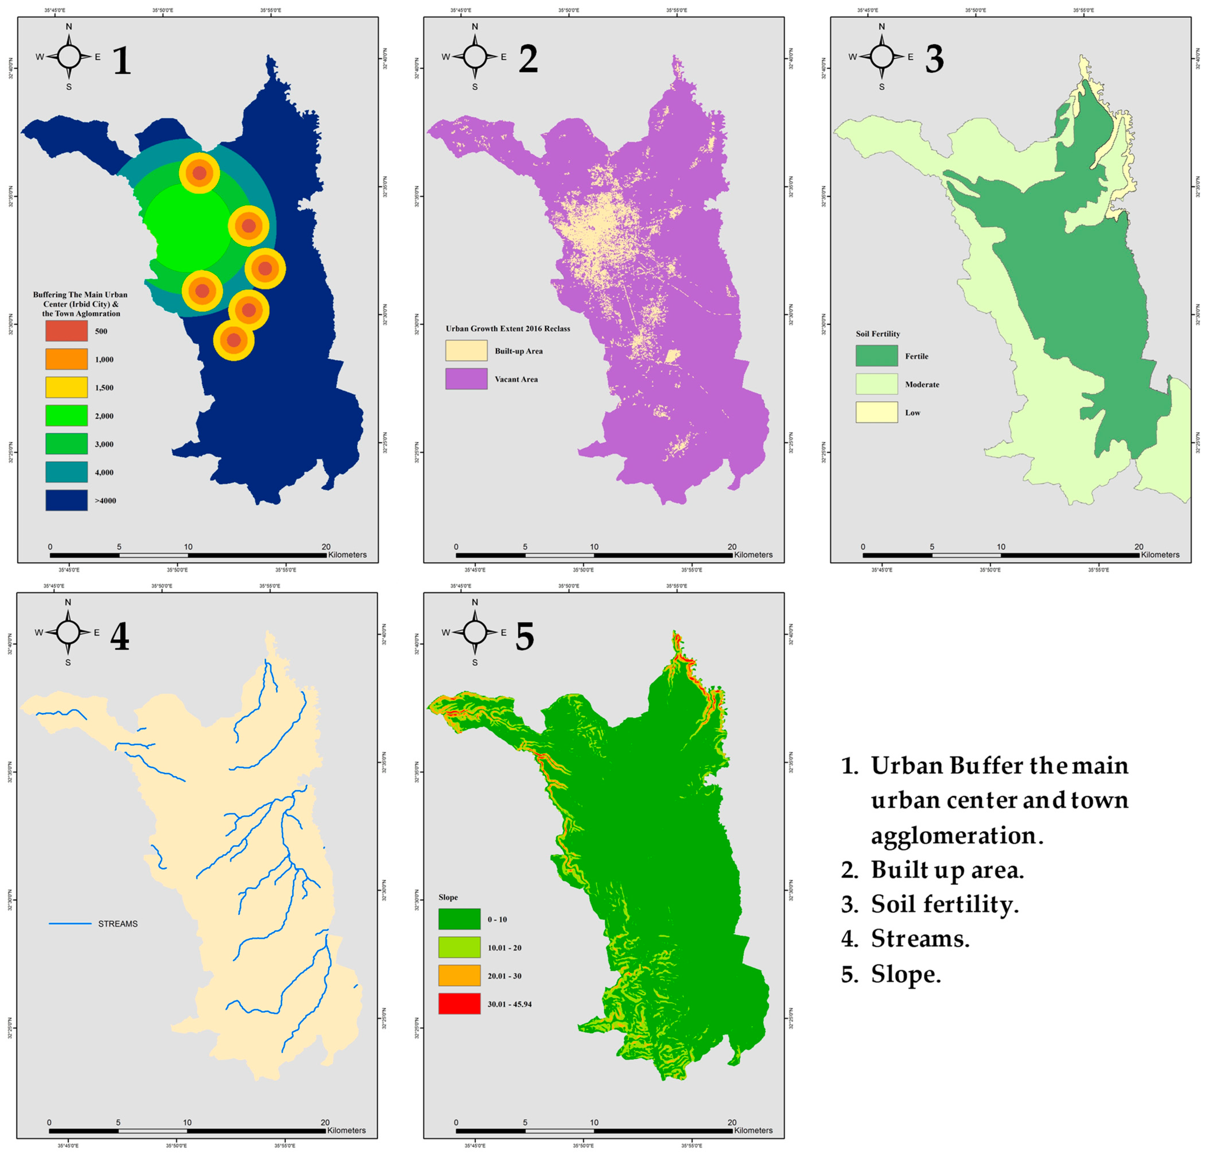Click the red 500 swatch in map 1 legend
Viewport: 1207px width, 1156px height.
click(66, 331)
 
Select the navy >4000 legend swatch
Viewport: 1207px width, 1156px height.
click(66, 500)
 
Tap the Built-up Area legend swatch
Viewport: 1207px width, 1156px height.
click(466, 350)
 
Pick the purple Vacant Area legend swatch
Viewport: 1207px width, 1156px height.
click(466, 379)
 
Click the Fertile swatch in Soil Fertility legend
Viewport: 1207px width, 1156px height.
click(876, 356)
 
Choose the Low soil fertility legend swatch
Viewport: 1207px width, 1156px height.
click(876, 412)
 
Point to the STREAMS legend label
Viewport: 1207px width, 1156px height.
click(118, 924)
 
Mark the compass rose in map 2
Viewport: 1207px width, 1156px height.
click(475, 57)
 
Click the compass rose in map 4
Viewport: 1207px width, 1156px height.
click(68, 632)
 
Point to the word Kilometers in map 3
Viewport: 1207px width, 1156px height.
click(1160, 555)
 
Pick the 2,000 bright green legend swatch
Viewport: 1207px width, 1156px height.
click(66, 416)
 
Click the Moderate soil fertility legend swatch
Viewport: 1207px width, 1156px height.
click(876, 384)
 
